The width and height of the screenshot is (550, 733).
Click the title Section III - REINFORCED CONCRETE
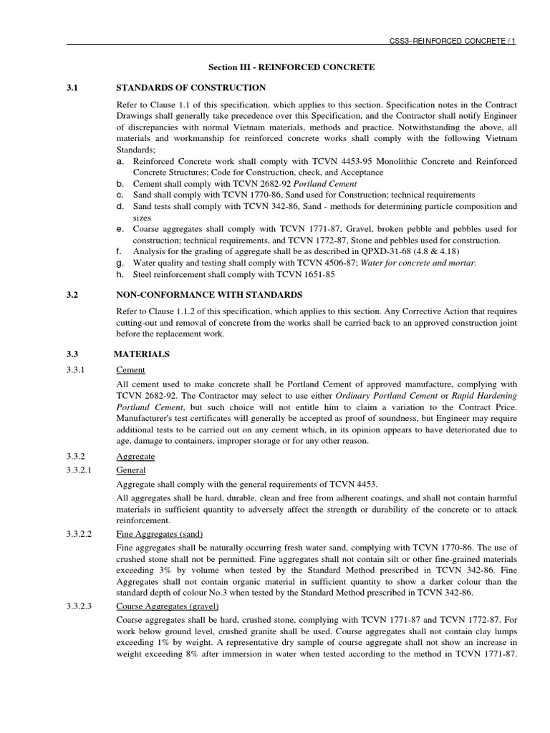pos(291,67)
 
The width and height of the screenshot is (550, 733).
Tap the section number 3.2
pos(72,294)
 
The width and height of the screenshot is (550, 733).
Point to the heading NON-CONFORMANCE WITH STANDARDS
pos(208,294)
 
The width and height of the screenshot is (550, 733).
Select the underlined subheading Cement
pos(130,370)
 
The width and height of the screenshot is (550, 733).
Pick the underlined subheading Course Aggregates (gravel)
pos(166,607)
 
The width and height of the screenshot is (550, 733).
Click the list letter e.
pos(120,228)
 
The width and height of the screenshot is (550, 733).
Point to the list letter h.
pos(120,274)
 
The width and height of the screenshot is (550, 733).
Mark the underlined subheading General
pos(131,470)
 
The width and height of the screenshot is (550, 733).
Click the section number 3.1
pos(72,87)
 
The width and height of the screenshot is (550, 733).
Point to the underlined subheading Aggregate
pos(135,456)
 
